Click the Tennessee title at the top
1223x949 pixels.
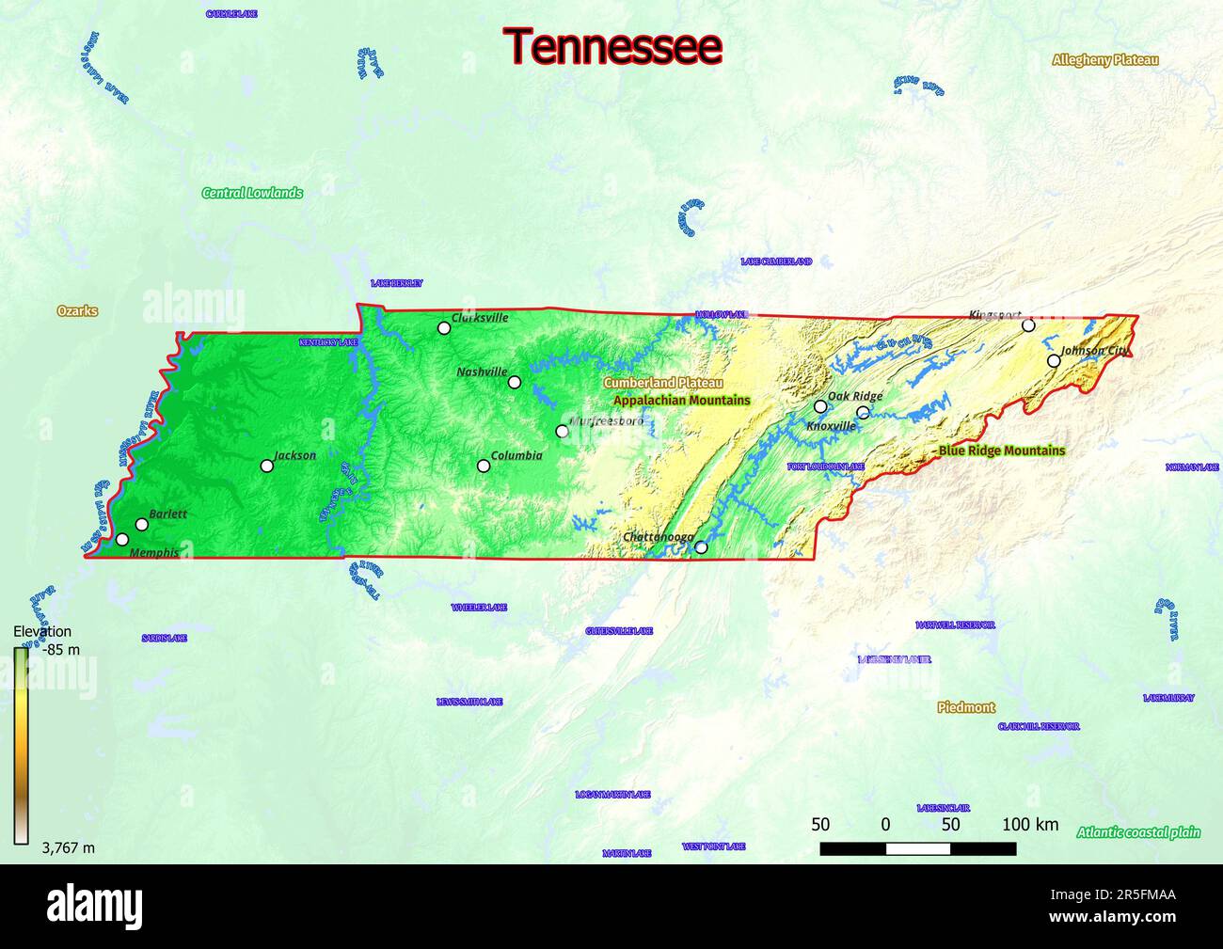(x=612, y=46)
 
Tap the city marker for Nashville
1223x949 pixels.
(x=515, y=382)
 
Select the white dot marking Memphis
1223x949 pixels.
(x=122, y=540)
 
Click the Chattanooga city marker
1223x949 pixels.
(x=700, y=547)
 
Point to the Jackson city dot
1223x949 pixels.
(x=267, y=466)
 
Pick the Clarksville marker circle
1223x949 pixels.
(x=444, y=328)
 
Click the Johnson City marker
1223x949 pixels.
(x=1054, y=361)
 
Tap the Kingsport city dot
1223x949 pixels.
(x=1028, y=325)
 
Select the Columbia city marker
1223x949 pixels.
(x=484, y=466)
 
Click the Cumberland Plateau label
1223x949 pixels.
(x=663, y=383)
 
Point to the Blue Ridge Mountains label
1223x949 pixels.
(x=1002, y=451)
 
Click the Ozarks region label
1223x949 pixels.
(x=77, y=311)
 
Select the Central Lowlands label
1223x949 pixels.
(x=252, y=193)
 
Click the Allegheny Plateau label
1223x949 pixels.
(x=1105, y=60)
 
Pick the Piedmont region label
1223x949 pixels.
(x=966, y=707)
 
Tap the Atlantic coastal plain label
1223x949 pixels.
(x=1138, y=831)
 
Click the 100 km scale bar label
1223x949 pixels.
(x=1030, y=825)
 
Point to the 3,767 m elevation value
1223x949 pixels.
(x=69, y=847)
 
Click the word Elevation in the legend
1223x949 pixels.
(x=42, y=632)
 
